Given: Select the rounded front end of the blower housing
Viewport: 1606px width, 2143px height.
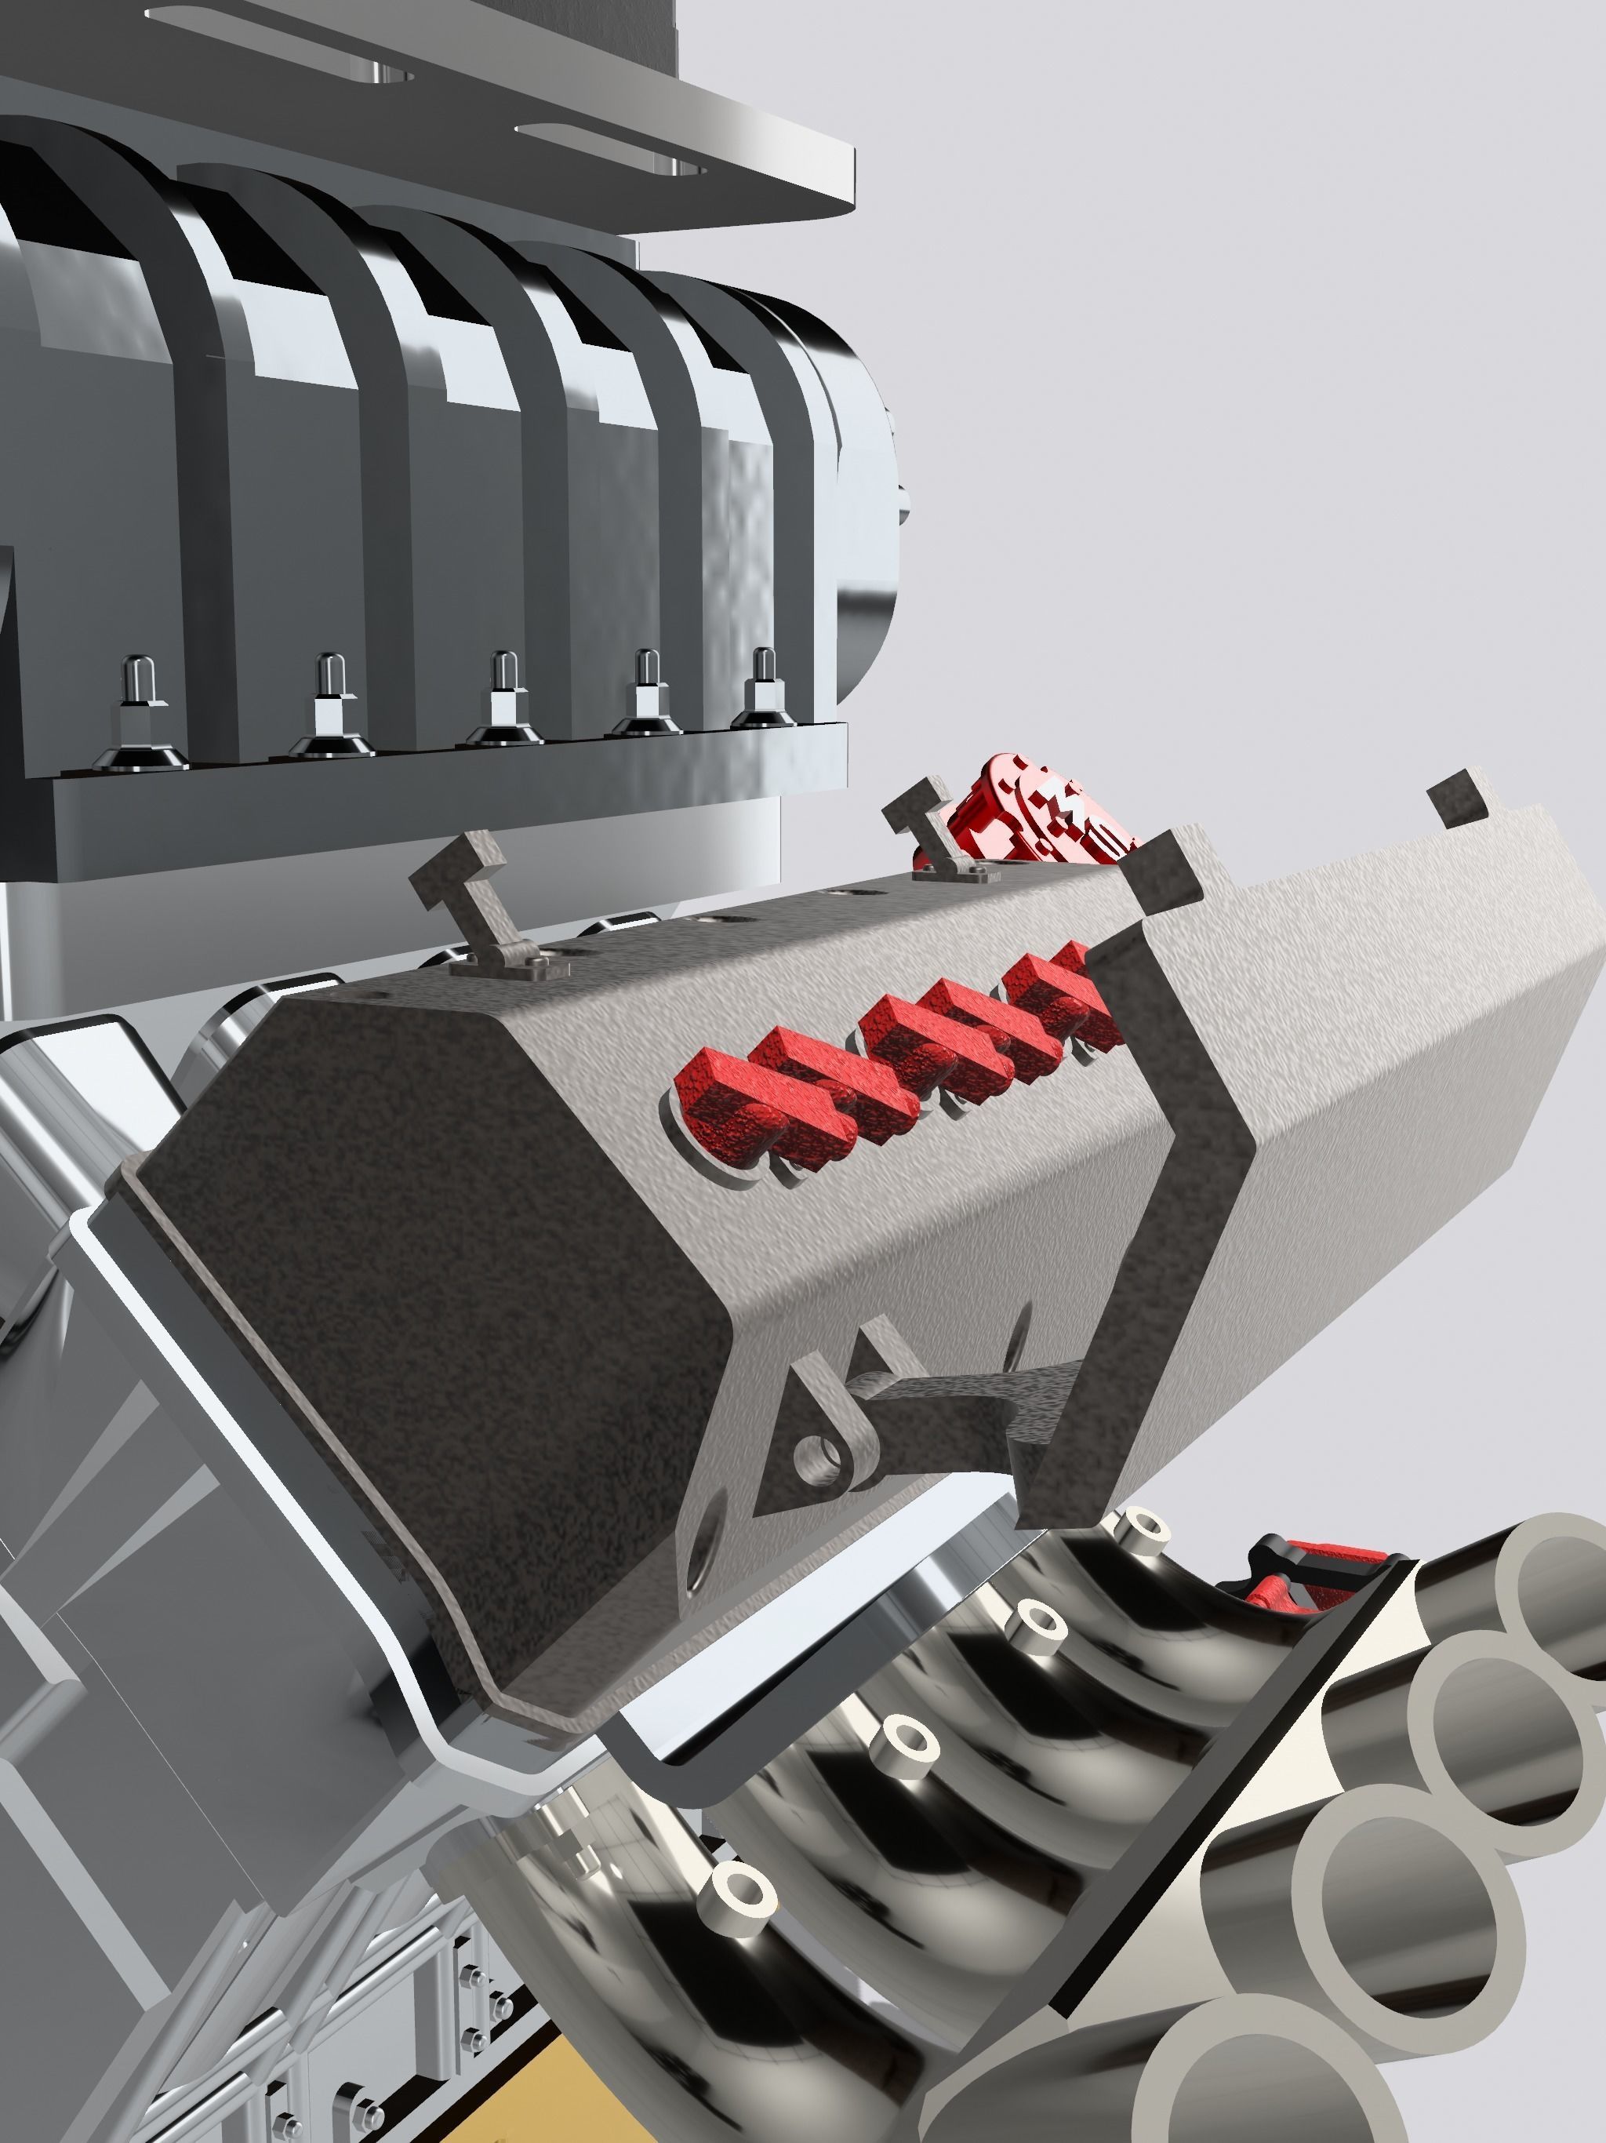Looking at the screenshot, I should tap(862, 485).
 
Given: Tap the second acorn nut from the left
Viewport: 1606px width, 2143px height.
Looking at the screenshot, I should tap(330, 697).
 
